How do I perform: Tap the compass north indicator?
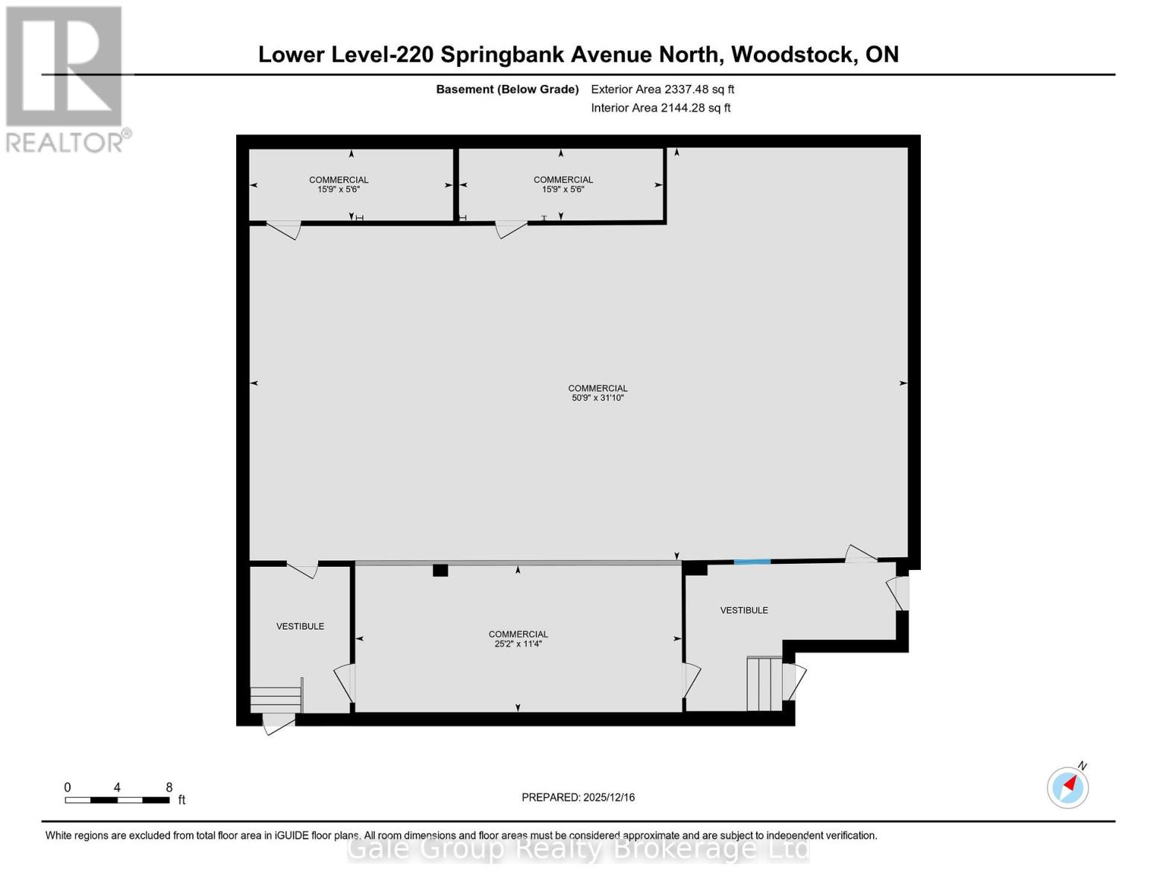[1068, 787]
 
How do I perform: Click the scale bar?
[117, 800]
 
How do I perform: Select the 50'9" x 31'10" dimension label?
[597, 398]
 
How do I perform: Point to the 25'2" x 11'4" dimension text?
[518, 644]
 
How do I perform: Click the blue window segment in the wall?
[752, 562]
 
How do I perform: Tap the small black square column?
[440, 571]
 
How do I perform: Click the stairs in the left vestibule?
[276, 699]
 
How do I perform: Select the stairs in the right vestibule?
[764, 683]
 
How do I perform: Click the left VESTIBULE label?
[300, 627]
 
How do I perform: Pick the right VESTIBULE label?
[744, 610]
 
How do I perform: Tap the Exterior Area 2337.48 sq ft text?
[662, 89]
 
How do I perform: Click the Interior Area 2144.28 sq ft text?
[660, 108]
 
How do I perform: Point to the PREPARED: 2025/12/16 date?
[578, 797]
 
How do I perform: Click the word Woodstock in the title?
[793, 54]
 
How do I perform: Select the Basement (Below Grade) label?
[507, 89]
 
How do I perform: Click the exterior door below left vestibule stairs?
[279, 722]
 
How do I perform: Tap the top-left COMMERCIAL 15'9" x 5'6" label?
[339, 184]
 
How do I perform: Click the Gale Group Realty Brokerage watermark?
[578, 849]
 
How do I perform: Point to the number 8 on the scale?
[169, 787]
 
